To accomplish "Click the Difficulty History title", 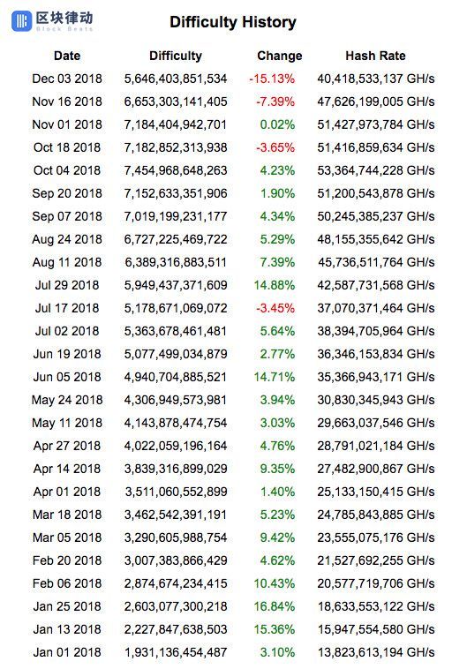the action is tap(233, 22).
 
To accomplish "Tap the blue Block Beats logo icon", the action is tap(21, 21).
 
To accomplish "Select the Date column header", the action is tap(67, 56).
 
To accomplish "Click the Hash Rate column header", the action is tap(375, 56).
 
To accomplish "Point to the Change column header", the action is tap(280, 56).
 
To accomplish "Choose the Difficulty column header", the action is tap(176, 56).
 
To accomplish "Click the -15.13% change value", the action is tap(272, 79).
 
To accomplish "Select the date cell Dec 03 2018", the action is tap(67, 79).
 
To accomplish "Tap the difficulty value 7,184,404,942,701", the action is tap(176, 124).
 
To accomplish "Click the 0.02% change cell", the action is tap(277, 124).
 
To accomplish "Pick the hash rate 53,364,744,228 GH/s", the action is tap(376, 170).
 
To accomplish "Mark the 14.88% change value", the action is tap(274, 285).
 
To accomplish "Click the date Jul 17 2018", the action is tap(67, 308).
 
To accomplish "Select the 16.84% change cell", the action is tap(274, 606).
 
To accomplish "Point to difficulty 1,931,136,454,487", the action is tap(176, 652).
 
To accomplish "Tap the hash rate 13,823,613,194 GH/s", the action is tap(376, 652).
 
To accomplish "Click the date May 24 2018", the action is tap(67, 400).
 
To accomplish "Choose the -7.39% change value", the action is tap(275, 101).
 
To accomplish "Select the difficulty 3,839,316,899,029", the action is tap(176, 469).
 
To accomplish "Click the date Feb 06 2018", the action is tap(67, 583).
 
